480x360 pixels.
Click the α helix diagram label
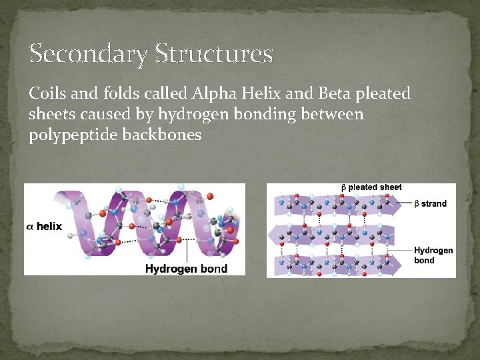click(44, 227)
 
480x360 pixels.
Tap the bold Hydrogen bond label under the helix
click(186, 269)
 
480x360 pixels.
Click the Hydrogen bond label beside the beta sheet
click(433, 255)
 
